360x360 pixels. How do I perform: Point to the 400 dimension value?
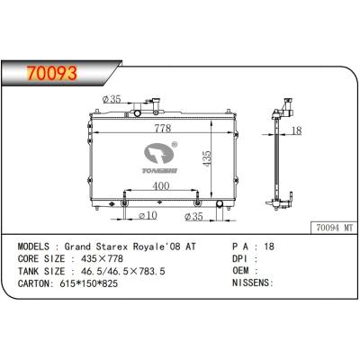[x=159, y=184]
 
